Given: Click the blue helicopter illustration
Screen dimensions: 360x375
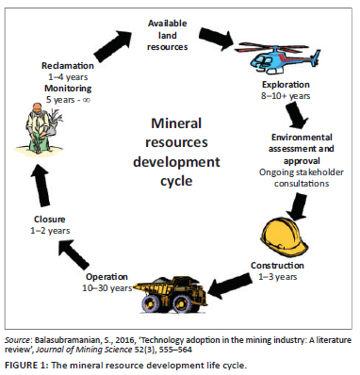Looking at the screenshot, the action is [x=279, y=58].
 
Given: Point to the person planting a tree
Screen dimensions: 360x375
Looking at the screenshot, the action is [x=41, y=128].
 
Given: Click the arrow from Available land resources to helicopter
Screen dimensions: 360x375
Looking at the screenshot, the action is [x=217, y=38].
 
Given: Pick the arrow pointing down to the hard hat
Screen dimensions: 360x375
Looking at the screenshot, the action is [x=297, y=206].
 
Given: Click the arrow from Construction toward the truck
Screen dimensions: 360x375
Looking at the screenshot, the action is [x=230, y=286].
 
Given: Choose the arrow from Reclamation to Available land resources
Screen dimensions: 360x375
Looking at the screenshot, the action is [x=113, y=46].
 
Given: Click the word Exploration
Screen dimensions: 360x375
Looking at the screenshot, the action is [x=286, y=85].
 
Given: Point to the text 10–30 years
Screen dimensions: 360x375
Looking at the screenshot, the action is [x=107, y=288].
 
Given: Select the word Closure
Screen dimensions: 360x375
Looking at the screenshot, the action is [x=50, y=219].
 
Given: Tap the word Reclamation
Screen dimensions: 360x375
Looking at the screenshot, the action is [x=68, y=66].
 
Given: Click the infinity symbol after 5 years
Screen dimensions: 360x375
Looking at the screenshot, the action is [x=86, y=100].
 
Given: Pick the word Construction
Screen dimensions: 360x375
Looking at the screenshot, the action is [x=277, y=266].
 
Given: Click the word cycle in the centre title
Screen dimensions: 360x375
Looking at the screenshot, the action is [x=176, y=182].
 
